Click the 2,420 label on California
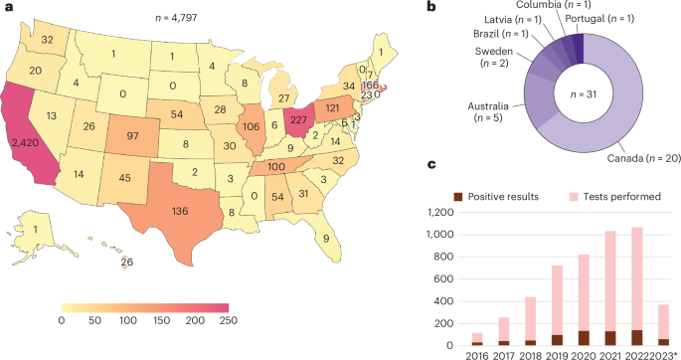click(x=30, y=142)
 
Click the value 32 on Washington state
click(x=48, y=42)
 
